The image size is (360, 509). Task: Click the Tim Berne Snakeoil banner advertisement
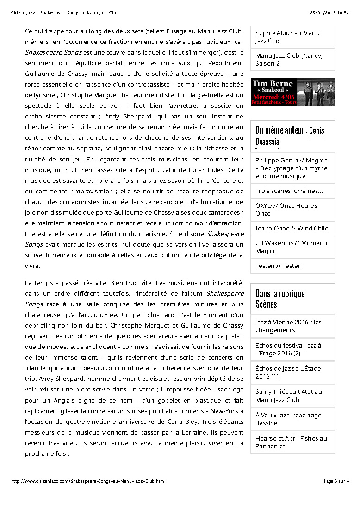click(293, 92)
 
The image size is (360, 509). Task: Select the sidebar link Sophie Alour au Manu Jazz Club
click(287, 37)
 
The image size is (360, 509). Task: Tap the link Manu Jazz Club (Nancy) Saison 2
click(289, 60)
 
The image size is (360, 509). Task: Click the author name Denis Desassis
click(290, 136)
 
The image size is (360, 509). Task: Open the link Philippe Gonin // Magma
click(291, 168)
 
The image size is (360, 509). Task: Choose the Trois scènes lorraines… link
click(289, 191)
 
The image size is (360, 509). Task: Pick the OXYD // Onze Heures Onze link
click(286, 210)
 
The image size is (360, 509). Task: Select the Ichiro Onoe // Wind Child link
click(292, 228)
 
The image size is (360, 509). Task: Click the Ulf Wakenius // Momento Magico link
click(292, 247)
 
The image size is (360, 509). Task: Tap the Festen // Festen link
click(279, 266)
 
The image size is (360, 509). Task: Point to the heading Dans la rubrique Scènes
click(280, 298)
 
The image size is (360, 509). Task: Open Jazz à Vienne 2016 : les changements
click(288, 326)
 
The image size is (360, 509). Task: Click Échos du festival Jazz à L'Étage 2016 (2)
click(288, 349)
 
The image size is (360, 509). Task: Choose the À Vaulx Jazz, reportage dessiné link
click(288, 419)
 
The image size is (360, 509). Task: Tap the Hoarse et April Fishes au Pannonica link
click(291, 442)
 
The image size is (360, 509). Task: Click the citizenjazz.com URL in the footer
click(88, 481)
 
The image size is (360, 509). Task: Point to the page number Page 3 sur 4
click(336, 481)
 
